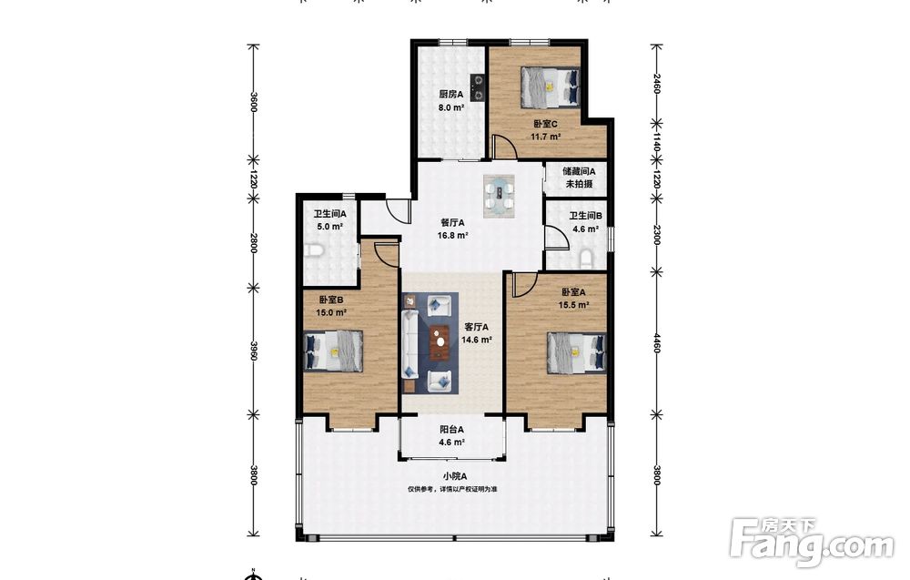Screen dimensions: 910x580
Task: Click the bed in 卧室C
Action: coord(551,87)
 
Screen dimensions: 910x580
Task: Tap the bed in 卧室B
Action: coord(334,351)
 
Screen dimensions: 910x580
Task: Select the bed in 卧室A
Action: coord(576,351)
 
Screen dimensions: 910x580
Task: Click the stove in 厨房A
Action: coord(478,87)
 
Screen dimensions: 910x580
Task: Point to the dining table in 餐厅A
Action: coord(500,196)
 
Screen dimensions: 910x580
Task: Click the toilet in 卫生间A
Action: coord(313,250)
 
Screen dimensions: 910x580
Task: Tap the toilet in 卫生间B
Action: coord(585,258)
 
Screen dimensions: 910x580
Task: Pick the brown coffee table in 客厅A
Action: coord(440,342)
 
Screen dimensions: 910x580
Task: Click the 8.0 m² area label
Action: coord(451,107)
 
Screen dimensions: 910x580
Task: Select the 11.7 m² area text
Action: coord(545,137)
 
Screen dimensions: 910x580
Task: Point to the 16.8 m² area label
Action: coord(452,236)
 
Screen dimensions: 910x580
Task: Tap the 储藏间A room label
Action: coord(579,171)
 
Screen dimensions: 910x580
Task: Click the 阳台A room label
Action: coord(451,430)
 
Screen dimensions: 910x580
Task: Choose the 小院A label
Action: coord(455,476)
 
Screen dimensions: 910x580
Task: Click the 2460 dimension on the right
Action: coord(656,83)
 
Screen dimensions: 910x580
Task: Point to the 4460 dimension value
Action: coord(656,343)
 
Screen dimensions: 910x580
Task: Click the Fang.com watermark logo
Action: coord(813,543)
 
